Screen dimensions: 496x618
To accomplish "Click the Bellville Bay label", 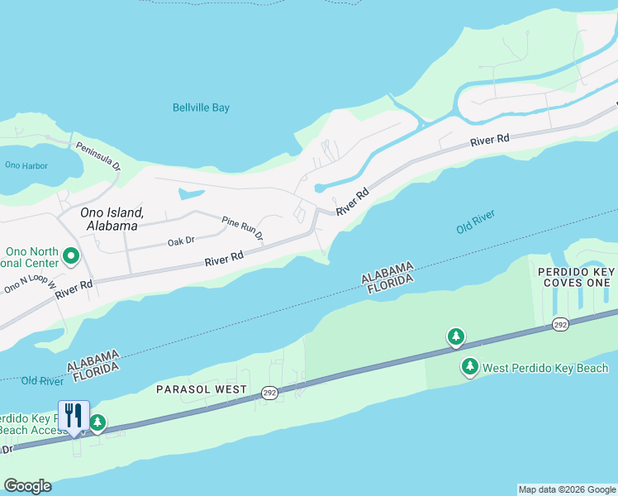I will (x=201, y=107).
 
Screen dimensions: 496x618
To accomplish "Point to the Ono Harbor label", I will (x=26, y=165).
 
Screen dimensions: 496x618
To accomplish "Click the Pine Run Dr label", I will (x=242, y=229).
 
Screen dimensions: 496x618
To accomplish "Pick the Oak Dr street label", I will (x=180, y=241).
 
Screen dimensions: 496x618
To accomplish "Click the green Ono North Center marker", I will (x=70, y=257).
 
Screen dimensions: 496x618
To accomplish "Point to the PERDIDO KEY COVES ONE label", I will (x=575, y=277).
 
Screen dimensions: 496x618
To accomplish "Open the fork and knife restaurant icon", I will (x=74, y=416).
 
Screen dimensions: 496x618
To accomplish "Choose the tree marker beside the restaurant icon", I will (x=97, y=424).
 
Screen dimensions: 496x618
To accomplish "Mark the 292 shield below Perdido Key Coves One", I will (x=559, y=326).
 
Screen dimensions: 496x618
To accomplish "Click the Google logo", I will (x=27, y=486).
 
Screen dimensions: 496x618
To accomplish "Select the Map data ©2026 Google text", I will (x=566, y=489).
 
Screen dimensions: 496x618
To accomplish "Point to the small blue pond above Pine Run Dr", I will (x=191, y=195).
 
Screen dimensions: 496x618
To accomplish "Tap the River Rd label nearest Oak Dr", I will (x=224, y=259).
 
